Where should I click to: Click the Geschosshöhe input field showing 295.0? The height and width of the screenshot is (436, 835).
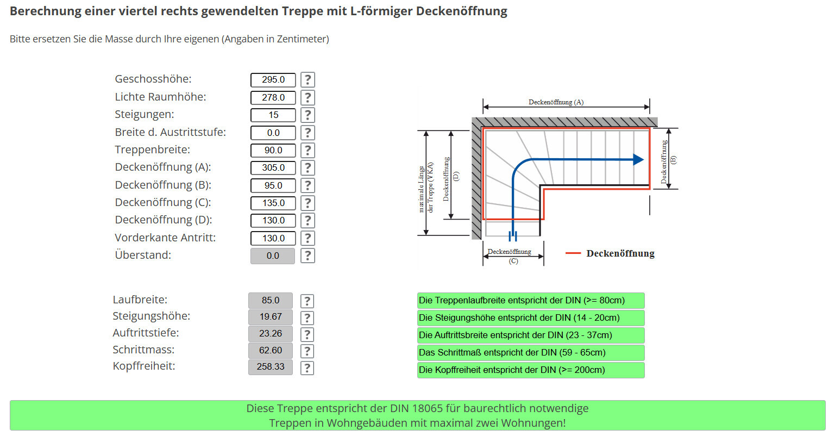(x=273, y=80)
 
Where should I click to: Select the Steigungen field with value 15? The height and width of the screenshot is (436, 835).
(x=273, y=115)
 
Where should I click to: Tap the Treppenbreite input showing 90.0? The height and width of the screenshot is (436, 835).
(x=273, y=150)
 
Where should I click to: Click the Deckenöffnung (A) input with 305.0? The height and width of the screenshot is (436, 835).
(x=273, y=168)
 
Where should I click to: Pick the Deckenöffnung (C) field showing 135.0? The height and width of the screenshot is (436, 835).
(x=273, y=203)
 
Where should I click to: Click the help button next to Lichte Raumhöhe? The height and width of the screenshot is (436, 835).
(x=307, y=97)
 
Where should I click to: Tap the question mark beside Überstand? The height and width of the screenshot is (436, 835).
(x=307, y=256)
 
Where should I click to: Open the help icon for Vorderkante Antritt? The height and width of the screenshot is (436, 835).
(x=307, y=238)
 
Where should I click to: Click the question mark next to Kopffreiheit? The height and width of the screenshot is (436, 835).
(x=307, y=368)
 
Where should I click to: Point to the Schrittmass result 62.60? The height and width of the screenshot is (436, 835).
(x=270, y=351)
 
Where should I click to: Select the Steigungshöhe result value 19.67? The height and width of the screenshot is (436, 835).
(x=270, y=317)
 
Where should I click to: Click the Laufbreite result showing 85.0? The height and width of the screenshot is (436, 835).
(x=270, y=300)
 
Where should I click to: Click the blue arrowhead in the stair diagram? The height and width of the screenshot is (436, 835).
(x=638, y=160)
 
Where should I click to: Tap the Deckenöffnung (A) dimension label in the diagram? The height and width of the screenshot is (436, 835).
(x=556, y=102)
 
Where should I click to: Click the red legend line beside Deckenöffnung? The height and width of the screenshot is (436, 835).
(x=573, y=253)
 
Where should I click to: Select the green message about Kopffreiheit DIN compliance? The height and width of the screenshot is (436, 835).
(x=530, y=370)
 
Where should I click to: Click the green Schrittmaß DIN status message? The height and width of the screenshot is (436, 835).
(x=530, y=353)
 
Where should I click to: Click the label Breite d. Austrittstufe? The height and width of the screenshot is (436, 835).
(x=170, y=132)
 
